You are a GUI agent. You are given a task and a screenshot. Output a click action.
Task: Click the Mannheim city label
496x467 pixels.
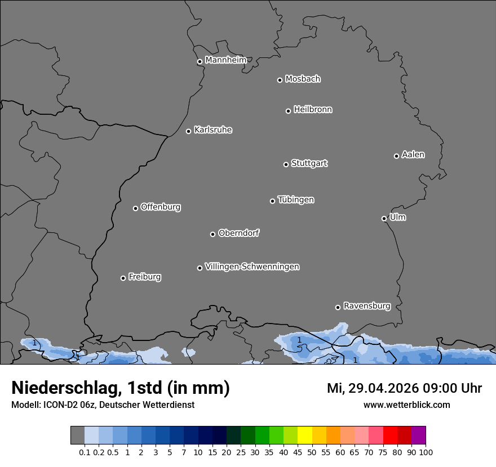225,60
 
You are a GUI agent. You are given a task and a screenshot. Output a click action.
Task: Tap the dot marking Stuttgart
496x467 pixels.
286,164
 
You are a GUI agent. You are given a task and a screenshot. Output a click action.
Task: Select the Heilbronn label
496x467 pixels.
313,110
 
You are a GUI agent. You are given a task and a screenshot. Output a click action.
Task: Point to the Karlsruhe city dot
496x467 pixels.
189,131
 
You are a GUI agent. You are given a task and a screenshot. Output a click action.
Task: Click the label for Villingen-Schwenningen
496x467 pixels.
252,267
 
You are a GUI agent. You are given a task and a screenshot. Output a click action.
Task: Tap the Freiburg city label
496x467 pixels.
144,277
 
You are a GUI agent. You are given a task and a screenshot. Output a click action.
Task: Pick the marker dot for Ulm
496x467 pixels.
384,218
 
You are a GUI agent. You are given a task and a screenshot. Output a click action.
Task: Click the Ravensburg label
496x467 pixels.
366,306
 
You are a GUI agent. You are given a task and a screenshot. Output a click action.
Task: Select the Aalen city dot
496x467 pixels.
396,156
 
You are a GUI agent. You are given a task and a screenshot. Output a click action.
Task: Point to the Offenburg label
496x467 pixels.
161,207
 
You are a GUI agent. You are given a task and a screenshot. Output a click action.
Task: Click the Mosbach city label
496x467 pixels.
303,79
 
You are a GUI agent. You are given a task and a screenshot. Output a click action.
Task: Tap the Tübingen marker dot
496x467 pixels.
272,201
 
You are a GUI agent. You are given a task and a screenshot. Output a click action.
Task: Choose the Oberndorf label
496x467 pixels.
238,233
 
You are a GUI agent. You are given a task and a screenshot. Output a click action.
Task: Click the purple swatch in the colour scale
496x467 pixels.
418,435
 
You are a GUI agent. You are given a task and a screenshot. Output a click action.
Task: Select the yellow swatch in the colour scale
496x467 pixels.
304,435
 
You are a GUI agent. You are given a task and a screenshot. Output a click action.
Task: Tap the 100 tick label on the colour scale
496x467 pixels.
426,452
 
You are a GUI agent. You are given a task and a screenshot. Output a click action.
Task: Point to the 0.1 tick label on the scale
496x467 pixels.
85,452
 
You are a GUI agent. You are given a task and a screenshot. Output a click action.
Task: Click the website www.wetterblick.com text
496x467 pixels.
406,405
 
